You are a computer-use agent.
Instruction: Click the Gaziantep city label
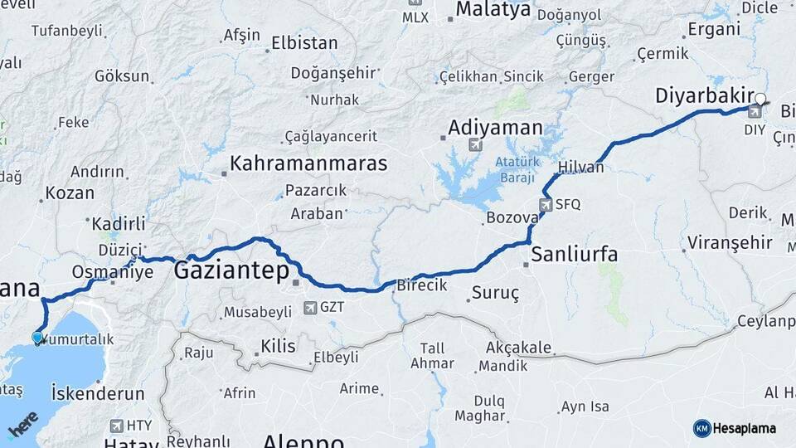231,271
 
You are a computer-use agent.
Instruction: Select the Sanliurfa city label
574,254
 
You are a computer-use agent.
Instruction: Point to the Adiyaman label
495,128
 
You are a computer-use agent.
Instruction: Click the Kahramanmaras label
310,163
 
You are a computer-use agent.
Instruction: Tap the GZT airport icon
310,308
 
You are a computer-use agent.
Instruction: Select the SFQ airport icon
546,204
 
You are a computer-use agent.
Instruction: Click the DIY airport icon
755,111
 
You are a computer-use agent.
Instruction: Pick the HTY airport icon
115,426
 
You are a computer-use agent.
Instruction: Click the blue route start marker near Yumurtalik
36,337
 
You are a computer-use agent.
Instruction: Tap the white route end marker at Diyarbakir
760,98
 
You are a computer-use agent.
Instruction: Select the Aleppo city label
303,441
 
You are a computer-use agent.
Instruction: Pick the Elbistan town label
306,43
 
